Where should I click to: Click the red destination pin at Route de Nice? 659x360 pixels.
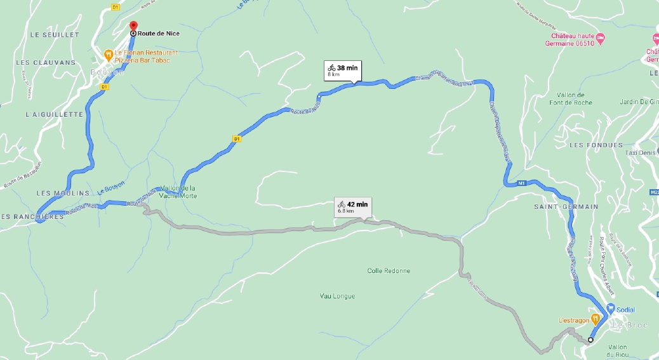pos(133,27)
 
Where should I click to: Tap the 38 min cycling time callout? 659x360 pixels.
pos(343,70)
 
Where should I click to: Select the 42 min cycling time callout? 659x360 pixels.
pos(353,207)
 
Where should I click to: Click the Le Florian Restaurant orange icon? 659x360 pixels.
pos(109,55)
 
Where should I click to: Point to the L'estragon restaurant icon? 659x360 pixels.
pos(595,319)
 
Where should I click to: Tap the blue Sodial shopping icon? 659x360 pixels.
pos(610,309)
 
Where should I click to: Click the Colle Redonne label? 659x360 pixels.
pos(389,271)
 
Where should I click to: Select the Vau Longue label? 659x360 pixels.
pos(337,296)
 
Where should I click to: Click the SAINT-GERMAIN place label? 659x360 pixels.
pos(566,207)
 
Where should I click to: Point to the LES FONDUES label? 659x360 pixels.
pos(596,145)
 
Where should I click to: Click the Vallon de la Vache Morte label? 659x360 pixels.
pos(180,192)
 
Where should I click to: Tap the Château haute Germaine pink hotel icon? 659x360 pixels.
pos(601,40)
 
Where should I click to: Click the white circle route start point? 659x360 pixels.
pos(590,340)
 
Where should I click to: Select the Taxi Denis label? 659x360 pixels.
pos(641,153)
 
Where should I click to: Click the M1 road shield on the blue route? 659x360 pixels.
pos(522,183)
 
